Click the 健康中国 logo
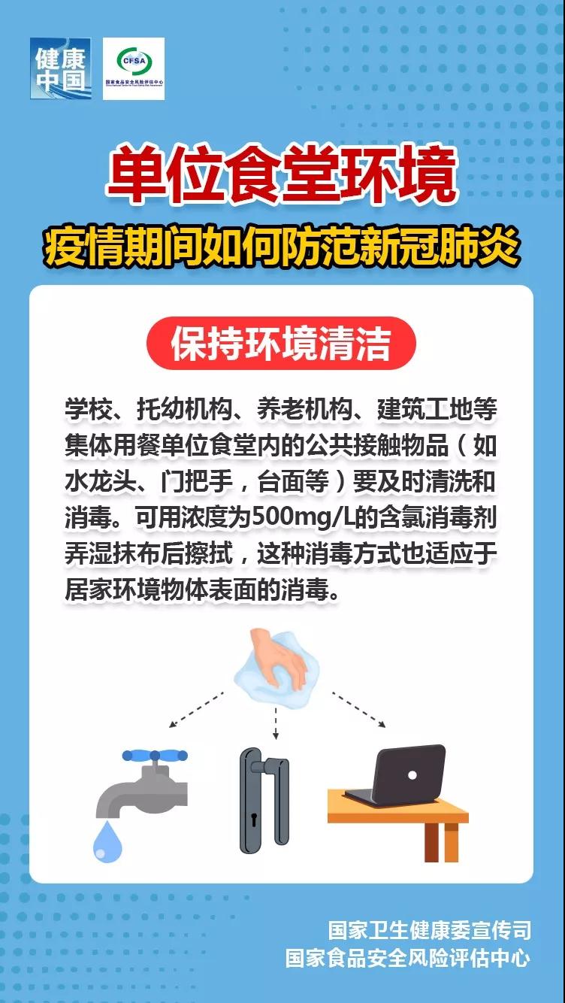[x=60, y=68]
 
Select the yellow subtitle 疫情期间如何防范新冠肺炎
[x=282, y=247]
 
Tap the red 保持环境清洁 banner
[x=281, y=344]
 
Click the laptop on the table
[x=402, y=774]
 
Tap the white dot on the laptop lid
[x=411, y=774]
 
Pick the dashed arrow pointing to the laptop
[x=359, y=710]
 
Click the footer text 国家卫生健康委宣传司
[x=429, y=931]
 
